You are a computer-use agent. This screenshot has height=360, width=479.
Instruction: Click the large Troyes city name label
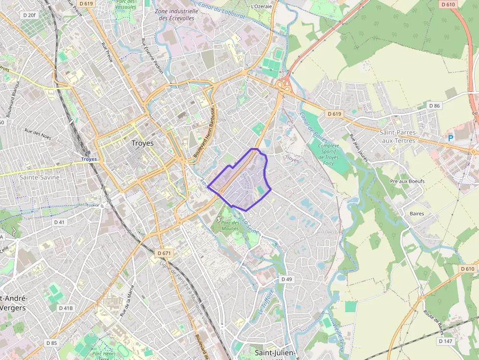coord(143,144)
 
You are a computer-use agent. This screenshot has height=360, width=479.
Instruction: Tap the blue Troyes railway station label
coord(89,159)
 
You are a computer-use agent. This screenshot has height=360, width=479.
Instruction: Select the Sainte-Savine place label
coord(39,177)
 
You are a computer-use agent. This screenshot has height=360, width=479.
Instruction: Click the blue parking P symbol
coord(451,138)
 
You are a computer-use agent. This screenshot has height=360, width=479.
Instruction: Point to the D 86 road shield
coord(434,106)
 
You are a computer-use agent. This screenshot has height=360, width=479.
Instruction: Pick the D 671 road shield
coord(165,253)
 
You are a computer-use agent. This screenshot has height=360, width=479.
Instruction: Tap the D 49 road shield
coord(286,279)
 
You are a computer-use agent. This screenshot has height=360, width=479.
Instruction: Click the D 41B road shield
coord(65,308)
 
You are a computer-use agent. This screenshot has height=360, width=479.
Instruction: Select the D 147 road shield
coord(445,341)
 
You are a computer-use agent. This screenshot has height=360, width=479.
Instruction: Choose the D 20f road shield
coord(29,16)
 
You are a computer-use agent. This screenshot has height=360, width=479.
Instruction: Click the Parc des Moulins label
coord(230,226)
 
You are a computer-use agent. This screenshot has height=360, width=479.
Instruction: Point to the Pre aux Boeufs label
coord(407,181)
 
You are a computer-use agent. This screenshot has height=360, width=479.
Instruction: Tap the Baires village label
coord(416,213)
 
